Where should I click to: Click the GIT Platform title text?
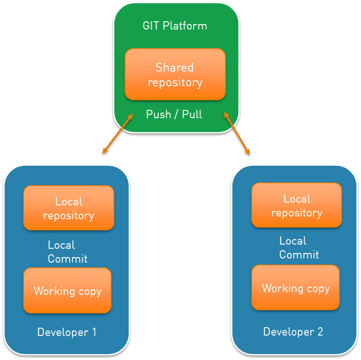click(x=175, y=26)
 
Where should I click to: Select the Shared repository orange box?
click(x=175, y=74)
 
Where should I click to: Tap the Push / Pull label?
click(x=174, y=114)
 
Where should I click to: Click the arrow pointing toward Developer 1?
click(x=118, y=133)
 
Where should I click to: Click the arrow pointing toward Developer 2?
click(x=237, y=133)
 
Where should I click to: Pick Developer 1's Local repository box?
click(x=69, y=208)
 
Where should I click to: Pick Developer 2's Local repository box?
click(x=296, y=205)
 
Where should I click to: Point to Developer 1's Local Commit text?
click(x=67, y=252)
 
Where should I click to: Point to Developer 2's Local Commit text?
click(x=299, y=248)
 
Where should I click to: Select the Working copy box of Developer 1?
click(x=67, y=291)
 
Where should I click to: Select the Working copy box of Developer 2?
click(x=296, y=288)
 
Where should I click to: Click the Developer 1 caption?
click(x=67, y=332)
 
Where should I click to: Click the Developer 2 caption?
click(x=293, y=331)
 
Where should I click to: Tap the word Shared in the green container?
click(x=174, y=67)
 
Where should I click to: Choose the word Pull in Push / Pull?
click(x=192, y=114)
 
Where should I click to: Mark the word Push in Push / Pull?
click(x=159, y=114)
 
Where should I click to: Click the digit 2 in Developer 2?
click(x=320, y=331)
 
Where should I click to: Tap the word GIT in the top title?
click(x=151, y=26)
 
